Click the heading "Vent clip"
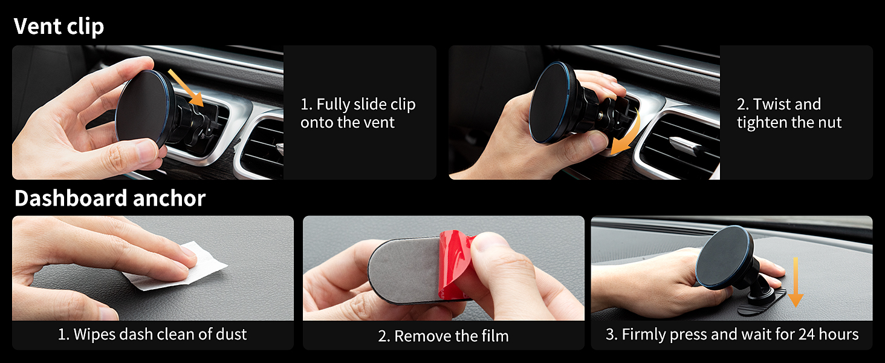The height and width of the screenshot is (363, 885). coord(59,27)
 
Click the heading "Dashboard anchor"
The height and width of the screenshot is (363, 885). coord(109,198)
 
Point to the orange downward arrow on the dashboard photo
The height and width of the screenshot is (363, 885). coord(796,282)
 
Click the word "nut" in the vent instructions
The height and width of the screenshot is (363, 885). coord(828,123)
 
